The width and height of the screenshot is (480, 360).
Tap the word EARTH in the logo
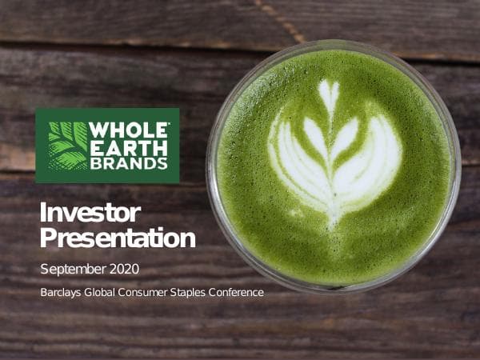click(x=129, y=148)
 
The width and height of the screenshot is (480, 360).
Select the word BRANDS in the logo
click(x=129, y=164)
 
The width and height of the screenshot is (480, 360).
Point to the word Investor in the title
click(x=90, y=213)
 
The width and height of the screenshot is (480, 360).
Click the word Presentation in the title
click(x=118, y=238)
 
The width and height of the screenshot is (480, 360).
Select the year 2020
click(x=130, y=268)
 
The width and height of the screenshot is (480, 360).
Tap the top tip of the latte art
click(x=329, y=85)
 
